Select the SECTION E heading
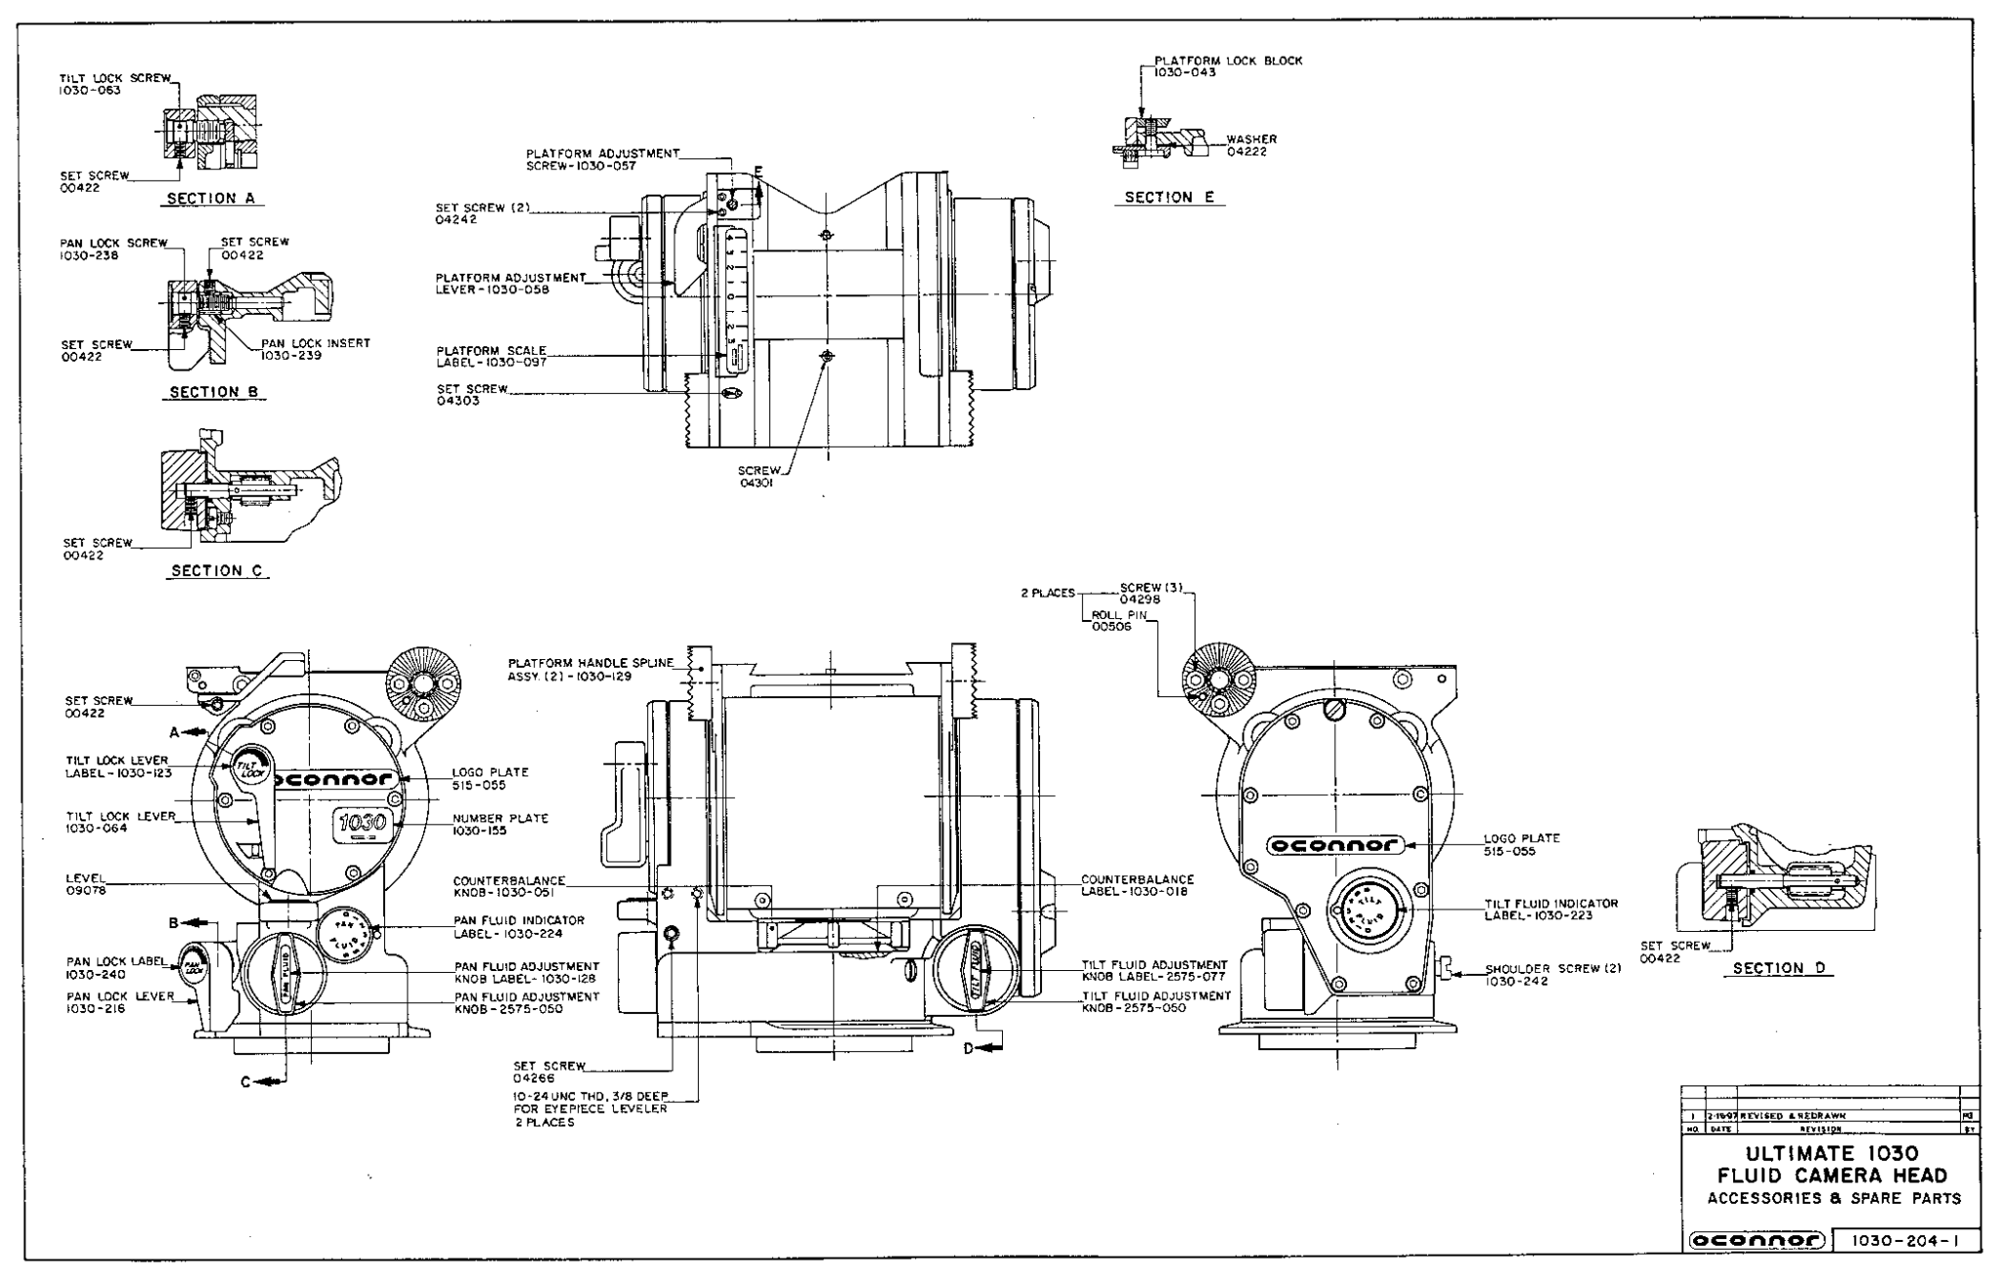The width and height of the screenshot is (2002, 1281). (x=1168, y=198)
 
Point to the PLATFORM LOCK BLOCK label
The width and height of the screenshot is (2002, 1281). (x=1228, y=61)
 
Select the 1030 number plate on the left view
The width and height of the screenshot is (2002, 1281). (x=364, y=826)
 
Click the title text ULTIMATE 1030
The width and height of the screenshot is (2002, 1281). (x=1831, y=1154)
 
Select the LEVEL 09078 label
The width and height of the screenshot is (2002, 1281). (x=86, y=884)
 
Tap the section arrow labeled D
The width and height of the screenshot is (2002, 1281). (x=984, y=1048)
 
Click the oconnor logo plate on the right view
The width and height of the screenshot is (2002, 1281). (x=1335, y=845)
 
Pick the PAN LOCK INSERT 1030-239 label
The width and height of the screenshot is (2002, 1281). (x=315, y=349)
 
